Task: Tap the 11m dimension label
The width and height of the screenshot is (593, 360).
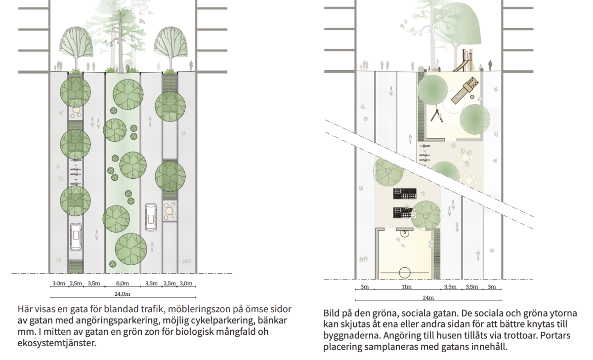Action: click(407, 287)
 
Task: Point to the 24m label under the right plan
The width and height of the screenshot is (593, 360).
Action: click(428, 298)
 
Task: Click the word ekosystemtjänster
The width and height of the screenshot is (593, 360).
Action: click(54, 343)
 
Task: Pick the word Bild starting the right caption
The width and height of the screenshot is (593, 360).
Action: click(333, 314)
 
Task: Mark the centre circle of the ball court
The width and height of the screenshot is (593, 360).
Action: click(405, 271)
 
